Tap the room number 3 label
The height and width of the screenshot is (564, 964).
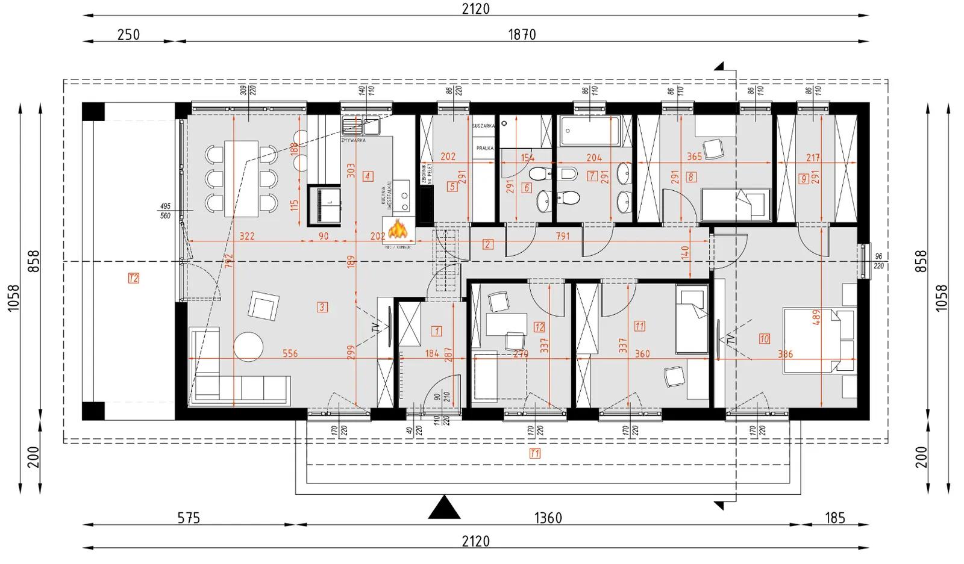322,308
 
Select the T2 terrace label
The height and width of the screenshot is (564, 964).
134,278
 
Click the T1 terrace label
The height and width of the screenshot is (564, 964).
534,453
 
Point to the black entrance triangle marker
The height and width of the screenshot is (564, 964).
445,507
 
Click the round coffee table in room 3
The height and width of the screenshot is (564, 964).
248,346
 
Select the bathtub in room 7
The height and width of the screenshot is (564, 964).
590,131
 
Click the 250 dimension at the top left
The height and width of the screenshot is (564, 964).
128,34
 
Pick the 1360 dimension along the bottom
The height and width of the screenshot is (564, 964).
548,518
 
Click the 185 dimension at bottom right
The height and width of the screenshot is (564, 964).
834,518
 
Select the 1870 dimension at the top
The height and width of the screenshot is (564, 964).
522,34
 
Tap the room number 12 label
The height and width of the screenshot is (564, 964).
539,327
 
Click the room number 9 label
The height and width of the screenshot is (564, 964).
803,178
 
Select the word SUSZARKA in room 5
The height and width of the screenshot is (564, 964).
484,126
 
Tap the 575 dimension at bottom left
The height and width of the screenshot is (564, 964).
189,518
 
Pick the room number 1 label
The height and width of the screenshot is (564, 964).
437,331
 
